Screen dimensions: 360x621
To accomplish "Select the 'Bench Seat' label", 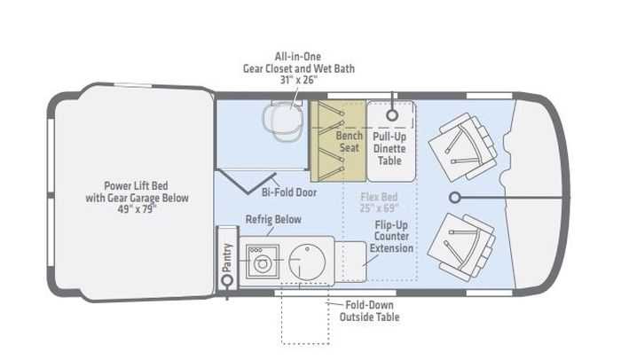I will coord(349,144).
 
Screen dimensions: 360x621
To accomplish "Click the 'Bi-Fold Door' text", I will coord(289,192).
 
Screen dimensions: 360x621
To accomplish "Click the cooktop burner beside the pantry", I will coord(262,262).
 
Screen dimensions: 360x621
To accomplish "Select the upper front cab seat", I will coord(460,144).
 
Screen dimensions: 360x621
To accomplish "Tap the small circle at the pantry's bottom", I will coord(227,280).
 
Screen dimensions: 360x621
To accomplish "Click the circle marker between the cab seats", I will coord(455,196).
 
